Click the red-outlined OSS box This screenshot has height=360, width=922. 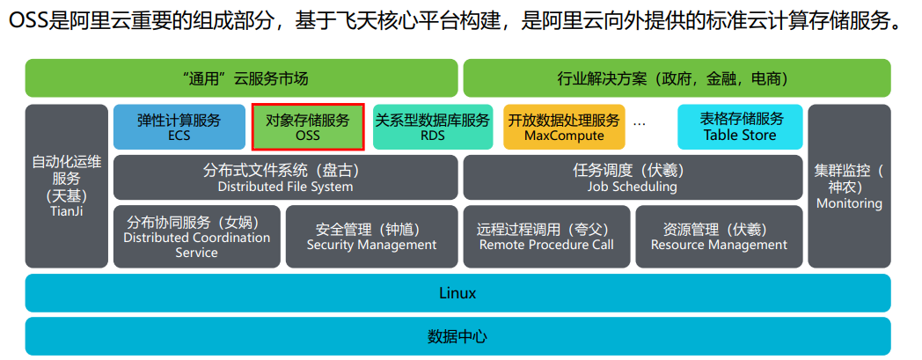[307, 128]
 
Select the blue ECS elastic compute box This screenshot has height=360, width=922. [179, 128]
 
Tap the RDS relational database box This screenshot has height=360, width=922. [432, 128]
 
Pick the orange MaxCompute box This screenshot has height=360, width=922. [564, 128]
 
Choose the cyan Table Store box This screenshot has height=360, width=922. [740, 128]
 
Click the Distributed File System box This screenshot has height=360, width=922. [285, 178]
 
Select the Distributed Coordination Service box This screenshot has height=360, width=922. [196, 237]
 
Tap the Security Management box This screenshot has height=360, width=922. [371, 237]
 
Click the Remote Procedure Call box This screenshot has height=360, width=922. [546, 237]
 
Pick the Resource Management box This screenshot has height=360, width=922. [719, 237]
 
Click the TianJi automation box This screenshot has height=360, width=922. [66, 186]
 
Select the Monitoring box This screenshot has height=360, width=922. [849, 186]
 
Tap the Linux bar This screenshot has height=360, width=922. [457, 293]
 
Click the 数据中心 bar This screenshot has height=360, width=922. [457, 336]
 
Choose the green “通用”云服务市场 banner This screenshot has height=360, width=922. [241, 78]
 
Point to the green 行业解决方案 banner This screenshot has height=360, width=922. [676, 78]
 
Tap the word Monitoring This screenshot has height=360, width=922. [849, 203]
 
